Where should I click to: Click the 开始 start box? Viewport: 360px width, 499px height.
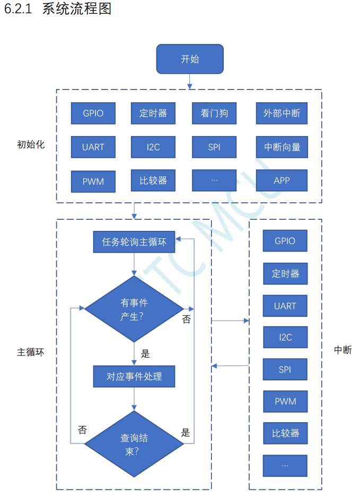click(189, 59)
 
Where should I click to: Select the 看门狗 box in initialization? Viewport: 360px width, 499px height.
click(214, 113)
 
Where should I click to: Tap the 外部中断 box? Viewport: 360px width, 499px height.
click(282, 113)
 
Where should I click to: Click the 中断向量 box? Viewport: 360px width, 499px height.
click(282, 147)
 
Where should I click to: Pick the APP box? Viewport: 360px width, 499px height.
click(282, 181)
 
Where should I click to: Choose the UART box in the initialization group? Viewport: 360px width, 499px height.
click(93, 147)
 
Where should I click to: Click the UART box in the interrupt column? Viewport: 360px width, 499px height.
click(285, 306)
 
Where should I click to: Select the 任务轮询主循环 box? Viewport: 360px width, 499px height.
click(134, 242)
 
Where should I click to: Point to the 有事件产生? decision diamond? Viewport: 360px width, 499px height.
click(134, 309)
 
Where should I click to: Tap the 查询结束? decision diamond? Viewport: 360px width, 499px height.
click(134, 444)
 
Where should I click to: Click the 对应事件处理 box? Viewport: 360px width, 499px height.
click(134, 377)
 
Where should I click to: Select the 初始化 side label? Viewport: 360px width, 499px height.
click(31, 144)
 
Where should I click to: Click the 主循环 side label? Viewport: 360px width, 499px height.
click(31, 352)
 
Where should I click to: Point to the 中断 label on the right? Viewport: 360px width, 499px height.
click(343, 350)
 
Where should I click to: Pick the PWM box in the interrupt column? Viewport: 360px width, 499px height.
click(285, 402)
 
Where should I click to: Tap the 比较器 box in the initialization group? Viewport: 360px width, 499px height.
click(153, 181)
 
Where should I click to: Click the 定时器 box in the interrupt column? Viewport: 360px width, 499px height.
click(285, 273)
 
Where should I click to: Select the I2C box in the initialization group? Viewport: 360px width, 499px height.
click(153, 147)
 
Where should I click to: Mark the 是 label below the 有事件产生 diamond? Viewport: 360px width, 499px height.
click(145, 353)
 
